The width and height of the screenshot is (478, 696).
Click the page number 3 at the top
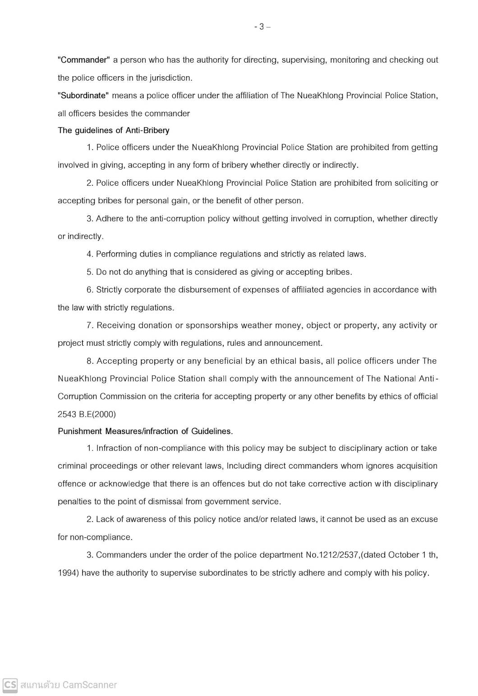point(262,27)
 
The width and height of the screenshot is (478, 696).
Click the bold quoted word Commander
point(84,60)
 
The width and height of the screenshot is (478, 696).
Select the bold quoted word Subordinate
point(83,96)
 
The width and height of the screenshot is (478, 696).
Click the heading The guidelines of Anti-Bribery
point(114,130)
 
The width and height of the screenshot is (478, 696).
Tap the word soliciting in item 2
point(405,183)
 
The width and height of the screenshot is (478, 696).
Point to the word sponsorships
point(212,325)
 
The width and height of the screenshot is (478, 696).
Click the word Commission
point(125,397)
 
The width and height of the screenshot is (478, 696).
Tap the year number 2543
point(67,414)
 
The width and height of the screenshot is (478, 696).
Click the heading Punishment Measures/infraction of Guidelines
point(145,431)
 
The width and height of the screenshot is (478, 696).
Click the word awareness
point(146,519)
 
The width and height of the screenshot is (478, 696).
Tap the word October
point(403,555)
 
